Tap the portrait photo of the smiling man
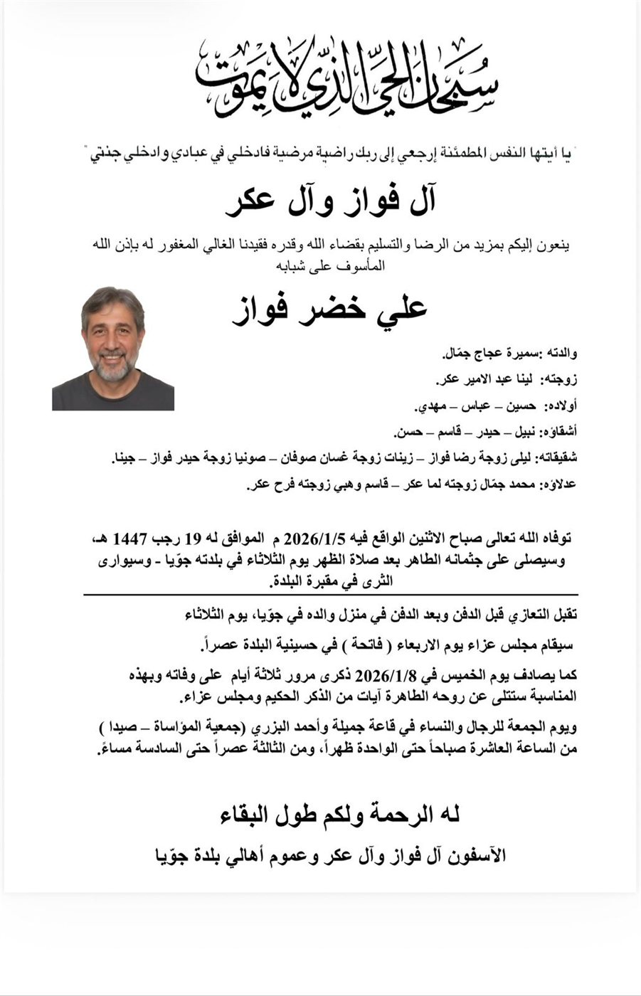pos(113,349)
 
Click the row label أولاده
pos(561,406)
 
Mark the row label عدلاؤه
pos(559,485)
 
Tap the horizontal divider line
pos(330,594)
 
